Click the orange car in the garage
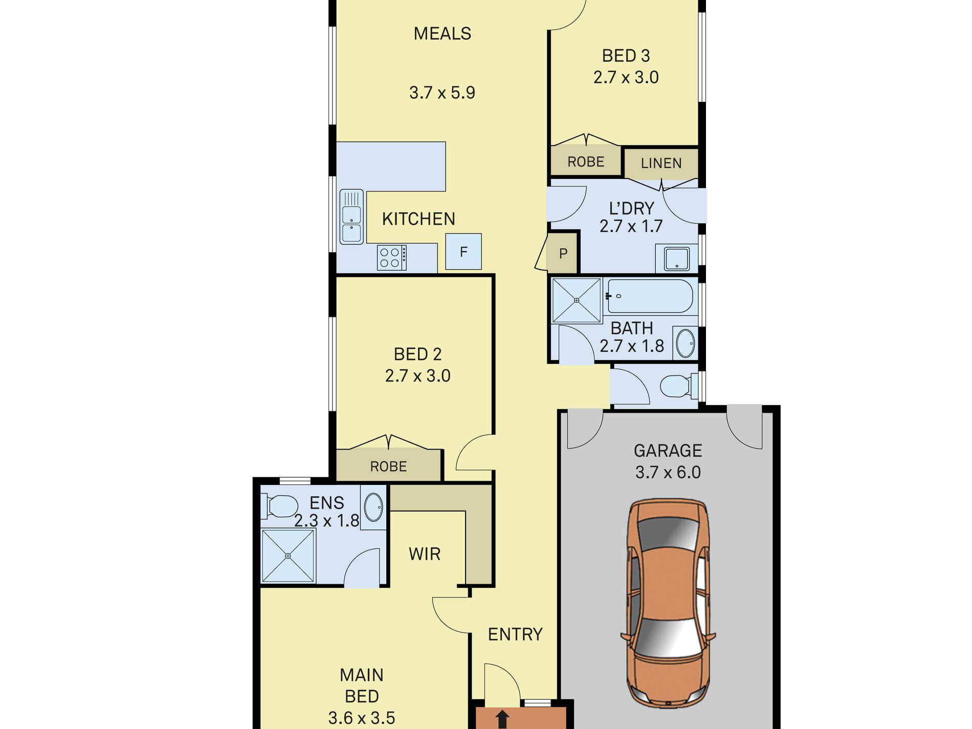(668, 604)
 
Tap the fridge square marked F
(463, 252)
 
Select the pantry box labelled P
(563, 253)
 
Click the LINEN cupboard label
(661, 163)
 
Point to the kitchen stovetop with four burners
(392, 258)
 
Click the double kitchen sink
(351, 217)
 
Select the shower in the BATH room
(577, 300)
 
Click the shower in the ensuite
(288, 556)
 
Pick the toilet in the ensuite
(279, 506)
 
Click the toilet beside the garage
(679, 386)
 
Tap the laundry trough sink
(677, 258)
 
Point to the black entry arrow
(502, 719)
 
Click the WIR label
(425, 554)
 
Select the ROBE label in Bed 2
(388, 467)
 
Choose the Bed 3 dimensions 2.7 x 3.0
(626, 77)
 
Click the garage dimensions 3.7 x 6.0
(668, 472)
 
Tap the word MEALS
(443, 34)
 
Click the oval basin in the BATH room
(686, 343)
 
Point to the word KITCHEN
(418, 219)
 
